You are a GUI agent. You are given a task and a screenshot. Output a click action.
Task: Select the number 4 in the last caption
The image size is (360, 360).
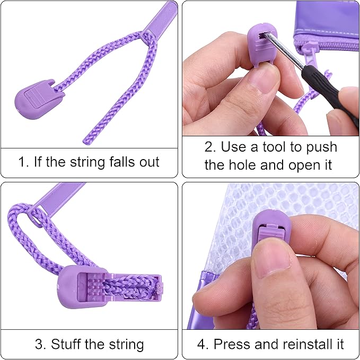pyautogui.click(x=202, y=344)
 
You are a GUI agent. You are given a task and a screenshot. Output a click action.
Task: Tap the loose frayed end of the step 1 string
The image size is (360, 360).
pyautogui.click(x=85, y=142)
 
